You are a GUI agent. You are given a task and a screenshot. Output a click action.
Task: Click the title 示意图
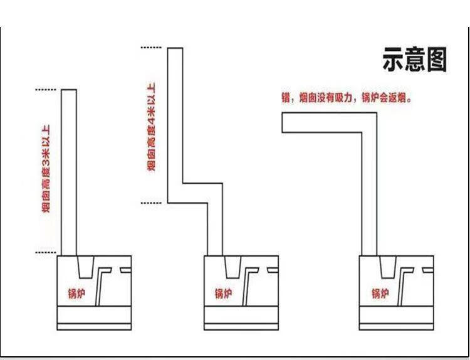click(x=414, y=60)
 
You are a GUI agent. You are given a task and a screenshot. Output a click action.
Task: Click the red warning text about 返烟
click(x=347, y=98)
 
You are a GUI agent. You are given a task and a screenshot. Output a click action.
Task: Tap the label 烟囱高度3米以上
click(x=47, y=170)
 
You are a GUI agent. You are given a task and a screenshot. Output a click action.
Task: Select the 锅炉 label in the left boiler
click(x=76, y=293)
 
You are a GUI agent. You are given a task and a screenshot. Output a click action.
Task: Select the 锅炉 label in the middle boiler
click(x=223, y=293)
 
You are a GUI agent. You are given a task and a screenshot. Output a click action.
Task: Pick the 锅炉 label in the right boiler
click(x=379, y=293)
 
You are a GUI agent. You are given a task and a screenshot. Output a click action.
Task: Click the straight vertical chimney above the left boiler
click(x=69, y=172)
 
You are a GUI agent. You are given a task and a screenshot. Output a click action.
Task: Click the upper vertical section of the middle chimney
click(x=175, y=119)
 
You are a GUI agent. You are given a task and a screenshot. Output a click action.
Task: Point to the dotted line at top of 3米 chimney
click(x=46, y=90)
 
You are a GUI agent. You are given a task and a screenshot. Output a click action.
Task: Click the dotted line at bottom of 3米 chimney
click(x=46, y=253)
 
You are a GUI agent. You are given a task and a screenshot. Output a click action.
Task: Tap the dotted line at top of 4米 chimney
click(x=152, y=48)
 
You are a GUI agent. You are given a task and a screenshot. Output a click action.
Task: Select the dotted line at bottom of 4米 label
click(x=152, y=203)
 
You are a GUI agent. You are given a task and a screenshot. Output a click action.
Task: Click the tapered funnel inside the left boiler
click(x=85, y=267)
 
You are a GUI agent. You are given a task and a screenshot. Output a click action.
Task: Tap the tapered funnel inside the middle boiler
click(x=231, y=267)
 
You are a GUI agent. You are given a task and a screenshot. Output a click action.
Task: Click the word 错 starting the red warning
click(x=286, y=98)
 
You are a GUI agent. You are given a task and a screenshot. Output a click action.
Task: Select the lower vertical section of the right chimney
click(x=370, y=194)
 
